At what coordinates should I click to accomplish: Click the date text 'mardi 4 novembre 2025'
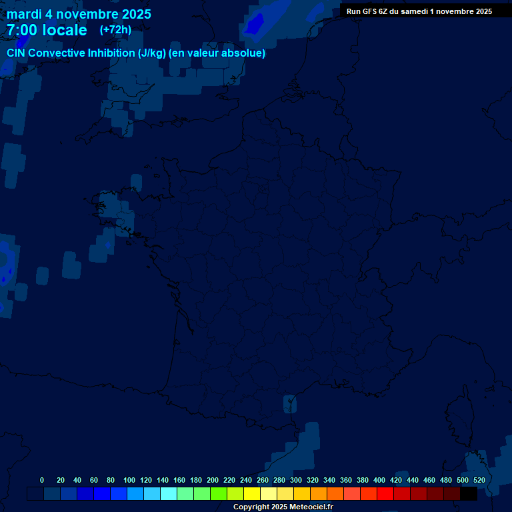[79, 14]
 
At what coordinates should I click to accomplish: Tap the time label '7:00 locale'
[47, 30]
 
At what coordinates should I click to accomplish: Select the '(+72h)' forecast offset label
[115, 29]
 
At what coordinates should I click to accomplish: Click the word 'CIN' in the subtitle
[17, 53]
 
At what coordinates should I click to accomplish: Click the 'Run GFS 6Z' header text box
[419, 11]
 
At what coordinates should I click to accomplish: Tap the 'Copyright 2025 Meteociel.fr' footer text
[283, 507]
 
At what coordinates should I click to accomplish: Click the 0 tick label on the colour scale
[42, 480]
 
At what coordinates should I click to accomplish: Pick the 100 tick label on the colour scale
[129, 480]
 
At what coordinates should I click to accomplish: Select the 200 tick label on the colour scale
[212, 480]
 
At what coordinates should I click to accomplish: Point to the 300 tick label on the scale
[295, 480]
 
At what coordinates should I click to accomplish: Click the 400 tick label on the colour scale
[379, 480]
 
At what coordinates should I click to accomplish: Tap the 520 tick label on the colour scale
[479, 480]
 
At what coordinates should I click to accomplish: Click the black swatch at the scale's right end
[469, 493]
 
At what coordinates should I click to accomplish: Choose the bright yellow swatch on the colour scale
[252, 493]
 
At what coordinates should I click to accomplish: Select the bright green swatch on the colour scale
[219, 493]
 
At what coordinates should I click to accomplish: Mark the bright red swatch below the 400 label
[385, 493]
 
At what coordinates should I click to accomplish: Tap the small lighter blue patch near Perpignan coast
[290, 403]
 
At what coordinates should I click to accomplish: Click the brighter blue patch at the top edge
[255, 23]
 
